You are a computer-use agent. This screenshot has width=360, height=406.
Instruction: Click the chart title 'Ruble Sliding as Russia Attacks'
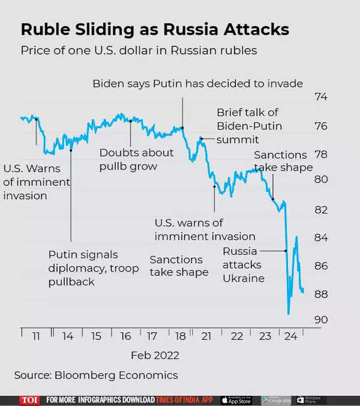coord(155,29)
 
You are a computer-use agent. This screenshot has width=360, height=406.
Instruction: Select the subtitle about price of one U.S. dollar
coord(139,50)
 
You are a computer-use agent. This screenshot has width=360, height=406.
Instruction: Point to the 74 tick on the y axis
coord(322,97)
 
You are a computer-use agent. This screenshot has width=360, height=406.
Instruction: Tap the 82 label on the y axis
coord(322,209)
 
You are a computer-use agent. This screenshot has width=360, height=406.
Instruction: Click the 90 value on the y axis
coord(322,320)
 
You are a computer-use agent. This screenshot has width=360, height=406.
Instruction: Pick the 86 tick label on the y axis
coord(322,265)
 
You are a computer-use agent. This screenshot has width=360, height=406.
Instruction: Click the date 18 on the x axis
coord(180,336)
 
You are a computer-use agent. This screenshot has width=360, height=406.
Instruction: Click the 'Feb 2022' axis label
coord(155,355)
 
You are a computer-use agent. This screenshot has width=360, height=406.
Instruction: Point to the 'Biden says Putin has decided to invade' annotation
coord(197,83)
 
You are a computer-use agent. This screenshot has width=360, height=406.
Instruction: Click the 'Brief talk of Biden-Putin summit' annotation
coord(248,126)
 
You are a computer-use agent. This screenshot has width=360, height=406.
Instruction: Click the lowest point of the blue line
coord(289,313)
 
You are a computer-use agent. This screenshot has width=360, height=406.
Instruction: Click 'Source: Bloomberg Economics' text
coord(96,375)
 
